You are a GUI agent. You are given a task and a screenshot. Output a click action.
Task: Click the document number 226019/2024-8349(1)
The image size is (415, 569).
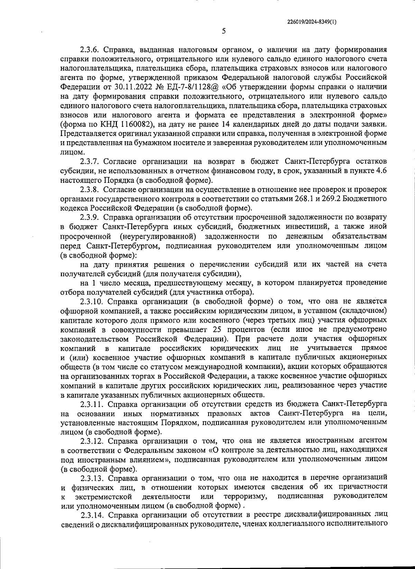pyautogui.click(x=312, y=21)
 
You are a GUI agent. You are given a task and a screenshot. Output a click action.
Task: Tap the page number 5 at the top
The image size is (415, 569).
pyautogui.click(x=224, y=31)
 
